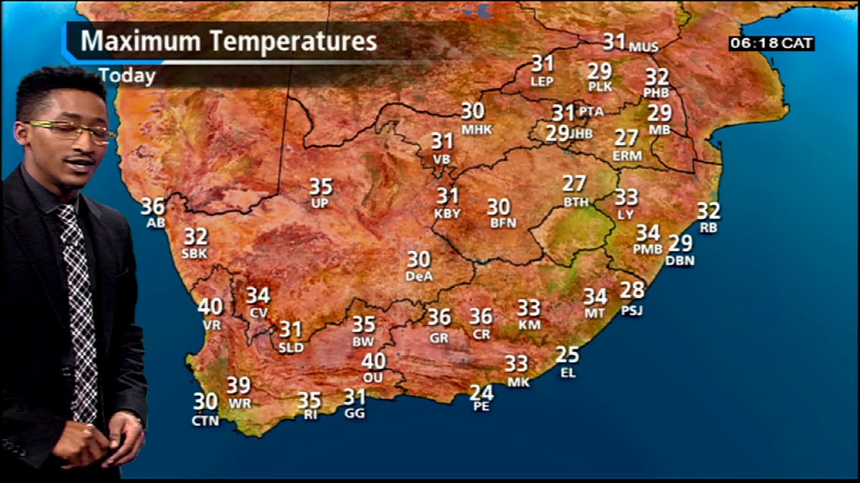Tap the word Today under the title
pos(127,76)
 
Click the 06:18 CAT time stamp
pos(771,44)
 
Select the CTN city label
pos(205,421)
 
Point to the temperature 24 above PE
pos(481,392)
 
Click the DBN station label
pos(680,260)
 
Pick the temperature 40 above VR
pos(210,307)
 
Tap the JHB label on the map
pos(581,133)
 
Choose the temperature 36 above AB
pos(153,206)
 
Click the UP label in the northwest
pos(320,203)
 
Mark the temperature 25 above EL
pos(568,355)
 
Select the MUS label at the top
pos(644,47)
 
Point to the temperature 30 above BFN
pos(499,207)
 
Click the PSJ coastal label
pos(632,311)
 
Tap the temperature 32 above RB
pos(708,211)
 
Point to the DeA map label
pos(419,276)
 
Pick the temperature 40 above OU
pos(374,362)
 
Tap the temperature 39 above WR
pos(239,386)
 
